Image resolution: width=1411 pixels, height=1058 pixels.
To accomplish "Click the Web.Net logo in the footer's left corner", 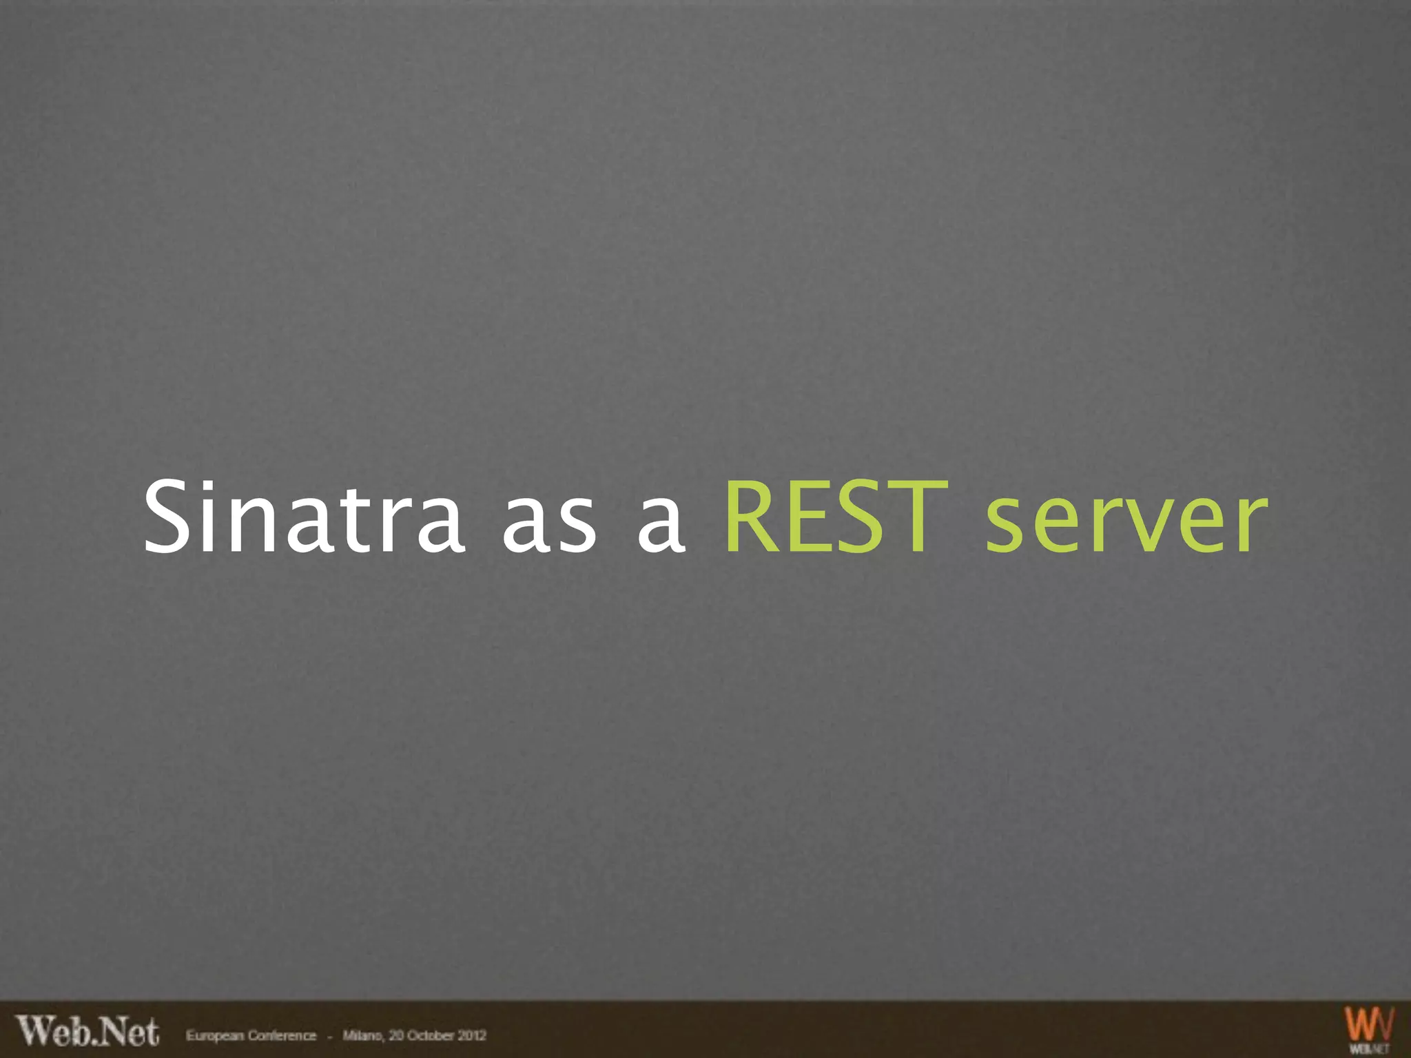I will (x=87, y=1031).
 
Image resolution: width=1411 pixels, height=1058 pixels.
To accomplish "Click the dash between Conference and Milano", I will (x=330, y=1036).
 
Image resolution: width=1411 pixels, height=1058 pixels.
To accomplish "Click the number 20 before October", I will (x=396, y=1035).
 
